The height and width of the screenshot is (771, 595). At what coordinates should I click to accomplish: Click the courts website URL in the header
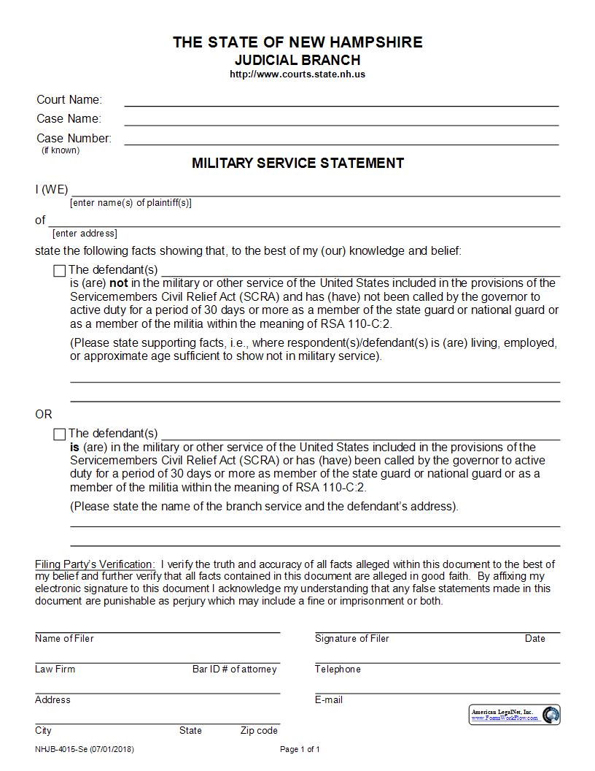click(297, 74)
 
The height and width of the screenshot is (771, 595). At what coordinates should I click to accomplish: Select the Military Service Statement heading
click(297, 163)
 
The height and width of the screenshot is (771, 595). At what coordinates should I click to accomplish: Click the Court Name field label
click(69, 100)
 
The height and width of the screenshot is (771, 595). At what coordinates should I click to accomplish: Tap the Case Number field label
click(74, 138)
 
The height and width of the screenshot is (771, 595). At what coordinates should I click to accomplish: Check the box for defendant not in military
click(60, 271)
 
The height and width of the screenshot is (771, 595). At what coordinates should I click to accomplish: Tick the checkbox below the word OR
click(60, 434)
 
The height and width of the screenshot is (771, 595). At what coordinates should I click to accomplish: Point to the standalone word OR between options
click(44, 414)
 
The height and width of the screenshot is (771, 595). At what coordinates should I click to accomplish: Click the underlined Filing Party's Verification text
click(95, 564)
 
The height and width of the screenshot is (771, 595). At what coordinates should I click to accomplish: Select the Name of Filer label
click(64, 639)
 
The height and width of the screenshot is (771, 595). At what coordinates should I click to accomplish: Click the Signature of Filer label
click(351, 639)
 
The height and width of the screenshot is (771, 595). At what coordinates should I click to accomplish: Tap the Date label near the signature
click(534, 639)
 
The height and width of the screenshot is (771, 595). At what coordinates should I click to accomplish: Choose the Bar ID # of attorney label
click(234, 670)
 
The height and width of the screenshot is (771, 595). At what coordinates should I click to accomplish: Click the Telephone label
click(338, 670)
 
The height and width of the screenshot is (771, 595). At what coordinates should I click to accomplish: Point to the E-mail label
click(328, 700)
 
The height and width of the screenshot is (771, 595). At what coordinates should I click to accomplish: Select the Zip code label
click(259, 731)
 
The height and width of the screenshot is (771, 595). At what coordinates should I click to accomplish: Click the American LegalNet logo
click(515, 714)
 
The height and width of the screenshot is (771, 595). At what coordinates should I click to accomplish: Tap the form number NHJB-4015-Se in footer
click(61, 749)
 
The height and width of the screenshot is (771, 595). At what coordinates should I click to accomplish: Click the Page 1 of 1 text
click(300, 749)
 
